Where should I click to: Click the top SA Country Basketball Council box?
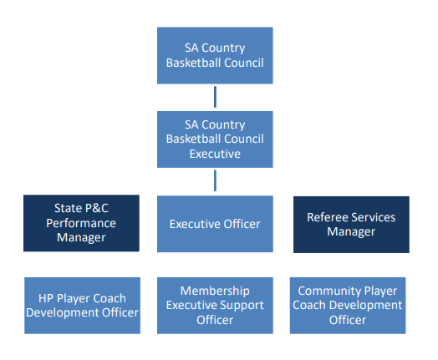pos(215,55)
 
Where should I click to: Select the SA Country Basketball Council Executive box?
pos(215,139)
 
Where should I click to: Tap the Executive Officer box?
pos(215,224)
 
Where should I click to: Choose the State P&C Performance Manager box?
pos(81,223)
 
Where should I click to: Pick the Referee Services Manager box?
pos(351,225)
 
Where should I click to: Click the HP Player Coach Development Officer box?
pos(82,306)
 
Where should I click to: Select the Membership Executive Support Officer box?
pos(215,306)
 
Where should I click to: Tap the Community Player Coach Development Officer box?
pos(348,306)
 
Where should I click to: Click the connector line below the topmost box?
pos(215,97)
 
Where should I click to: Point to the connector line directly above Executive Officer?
pos(215,180)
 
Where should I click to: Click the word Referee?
pos(328,217)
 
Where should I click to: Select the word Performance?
pos(81,223)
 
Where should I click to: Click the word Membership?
pos(215,291)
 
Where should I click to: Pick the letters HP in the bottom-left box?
pos(45,298)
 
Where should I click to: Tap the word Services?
pos(374,217)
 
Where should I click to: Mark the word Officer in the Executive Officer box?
pos(242,224)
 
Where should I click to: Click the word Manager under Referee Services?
pos(351,231)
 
